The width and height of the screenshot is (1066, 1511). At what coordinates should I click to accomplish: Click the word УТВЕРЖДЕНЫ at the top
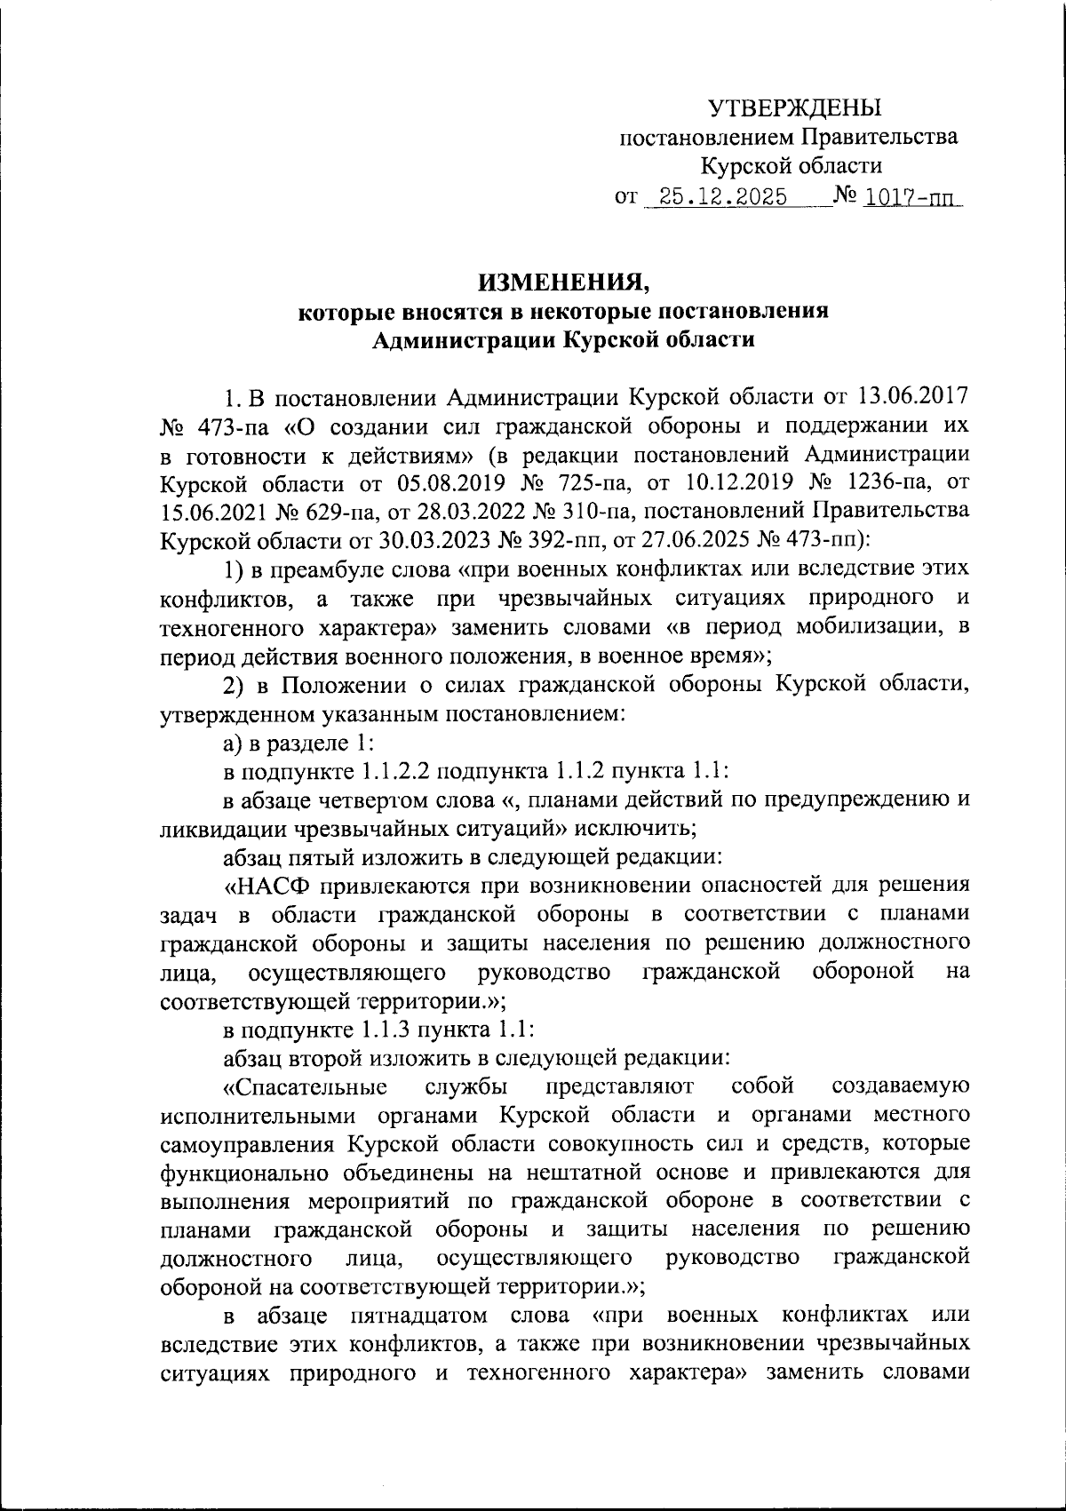794,108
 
